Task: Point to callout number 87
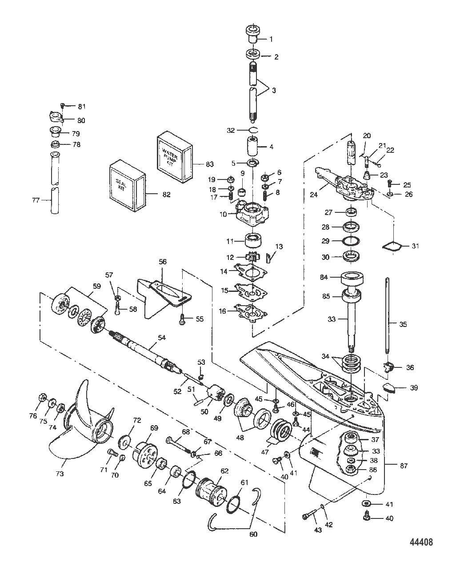point(404,466)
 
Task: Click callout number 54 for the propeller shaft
point(162,338)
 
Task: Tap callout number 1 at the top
point(271,39)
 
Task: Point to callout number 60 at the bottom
point(253,534)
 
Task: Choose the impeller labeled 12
point(252,257)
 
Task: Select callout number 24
point(314,195)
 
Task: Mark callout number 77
point(36,200)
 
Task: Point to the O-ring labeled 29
point(350,241)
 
